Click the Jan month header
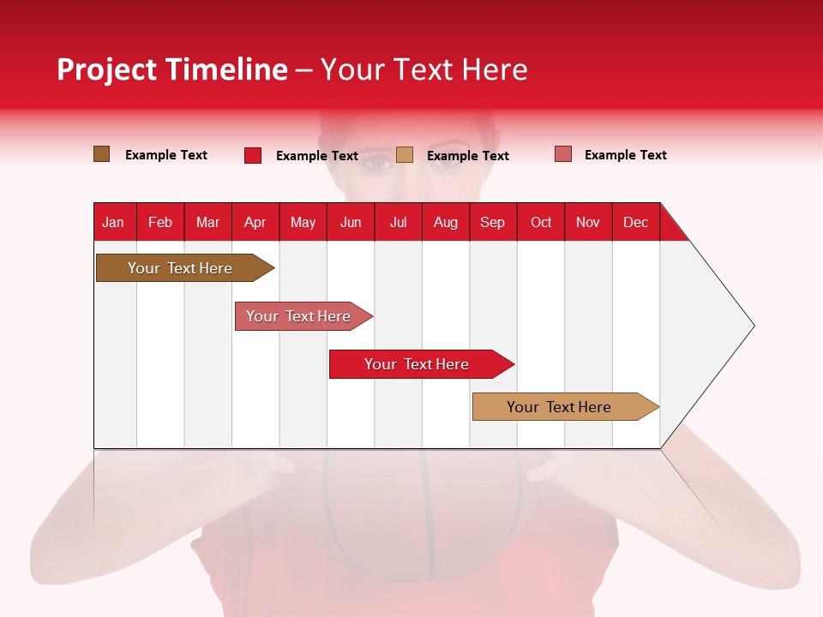pos(114,222)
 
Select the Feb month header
pos(160,222)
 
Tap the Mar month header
pos(207,222)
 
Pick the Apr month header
pos(255,222)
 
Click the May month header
pos(303,222)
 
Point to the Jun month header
pos(351,222)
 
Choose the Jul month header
pos(398,222)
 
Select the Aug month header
pos(446,222)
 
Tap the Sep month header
pos(493,222)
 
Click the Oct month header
pos(541,222)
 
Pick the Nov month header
pos(588,222)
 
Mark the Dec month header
pos(636,222)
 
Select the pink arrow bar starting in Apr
pos(300,316)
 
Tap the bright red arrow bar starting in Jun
pos(418,364)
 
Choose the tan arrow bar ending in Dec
pos(562,407)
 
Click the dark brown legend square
pos(102,154)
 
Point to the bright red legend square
pos(253,155)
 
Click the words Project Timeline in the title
pos(172,69)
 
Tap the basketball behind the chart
pos(422,514)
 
